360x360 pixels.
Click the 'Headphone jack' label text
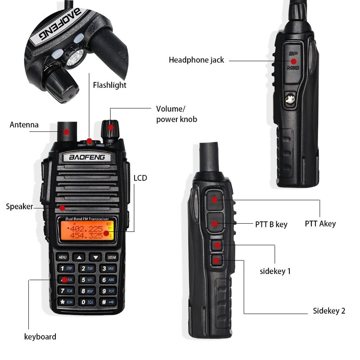196,60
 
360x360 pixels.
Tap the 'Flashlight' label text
110,85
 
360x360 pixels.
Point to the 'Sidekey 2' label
329,311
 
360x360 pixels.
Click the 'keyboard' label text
40,337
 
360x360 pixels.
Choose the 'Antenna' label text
24,125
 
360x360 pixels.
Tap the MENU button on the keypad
63,257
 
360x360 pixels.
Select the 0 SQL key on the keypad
85,302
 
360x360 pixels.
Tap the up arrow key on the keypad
79,257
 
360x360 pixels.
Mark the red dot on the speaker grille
63,207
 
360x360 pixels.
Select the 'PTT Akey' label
320,224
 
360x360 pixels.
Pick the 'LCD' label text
140,178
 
